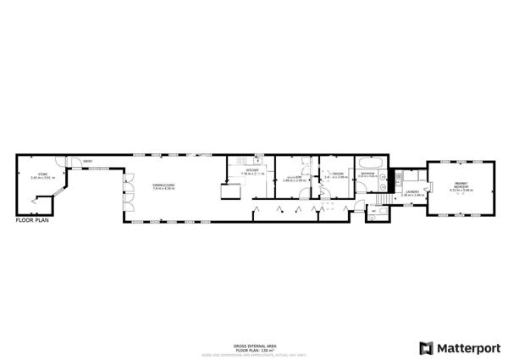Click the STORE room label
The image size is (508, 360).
point(36,174)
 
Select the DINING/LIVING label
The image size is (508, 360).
point(163,185)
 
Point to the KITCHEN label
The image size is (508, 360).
point(252,170)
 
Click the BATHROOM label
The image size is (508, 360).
point(367,174)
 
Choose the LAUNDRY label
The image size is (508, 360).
point(411,191)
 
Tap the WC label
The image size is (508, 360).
point(373,212)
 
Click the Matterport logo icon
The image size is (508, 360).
point(426,347)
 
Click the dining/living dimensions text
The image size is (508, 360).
point(163,189)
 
